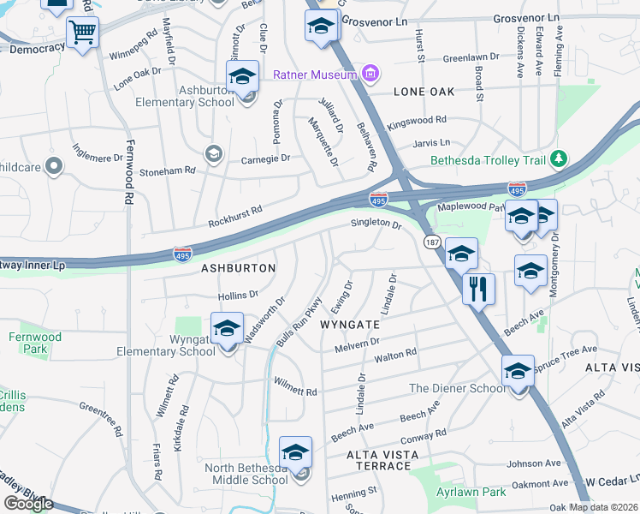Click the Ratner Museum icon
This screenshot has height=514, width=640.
pyautogui.click(x=370, y=75)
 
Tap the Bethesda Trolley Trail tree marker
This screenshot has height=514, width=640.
pyautogui.click(x=559, y=159)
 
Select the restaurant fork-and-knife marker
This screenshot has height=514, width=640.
pyautogui.click(x=478, y=289)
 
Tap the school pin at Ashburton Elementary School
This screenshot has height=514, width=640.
pyautogui.click(x=242, y=78)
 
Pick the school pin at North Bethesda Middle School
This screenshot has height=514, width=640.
pyautogui.click(x=295, y=453)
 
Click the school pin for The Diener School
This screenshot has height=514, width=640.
pyautogui.click(x=518, y=371)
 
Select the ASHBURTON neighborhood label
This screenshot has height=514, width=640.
pyautogui.click(x=238, y=268)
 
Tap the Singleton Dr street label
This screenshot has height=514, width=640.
pyautogui.click(x=376, y=224)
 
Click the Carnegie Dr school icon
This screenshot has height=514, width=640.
pyautogui.click(x=212, y=154)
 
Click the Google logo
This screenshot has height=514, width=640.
pyautogui.click(x=29, y=504)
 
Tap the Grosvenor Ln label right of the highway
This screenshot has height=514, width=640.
pyautogui.click(x=525, y=18)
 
